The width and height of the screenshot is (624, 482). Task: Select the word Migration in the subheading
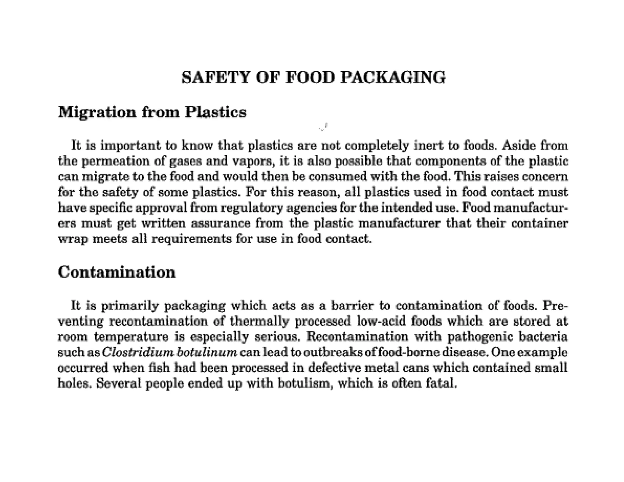pyautogui.click(x=97, y=112)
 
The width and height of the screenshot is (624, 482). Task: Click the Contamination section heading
pyautogui.click(x=117, y=272)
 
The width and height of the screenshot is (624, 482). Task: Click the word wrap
pyautogui.click(x=73, y=239)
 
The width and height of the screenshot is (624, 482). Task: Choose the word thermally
pyautogui.click(x=259, y=321)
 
